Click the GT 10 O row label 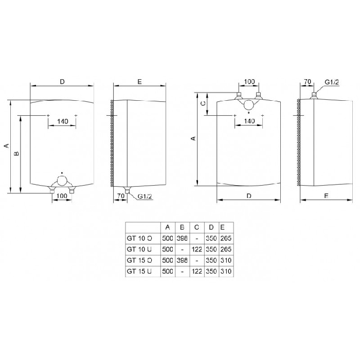point(139,238)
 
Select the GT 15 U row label point(139,272)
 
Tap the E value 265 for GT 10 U point(226,249)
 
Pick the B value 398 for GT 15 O point(182,260)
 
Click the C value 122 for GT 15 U point(197,272)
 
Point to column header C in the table point(196,227)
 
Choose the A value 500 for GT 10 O point(168,238)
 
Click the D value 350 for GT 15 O point(211,260)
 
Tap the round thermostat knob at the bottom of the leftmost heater point(62,181)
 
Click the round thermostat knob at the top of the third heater point(248,105)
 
